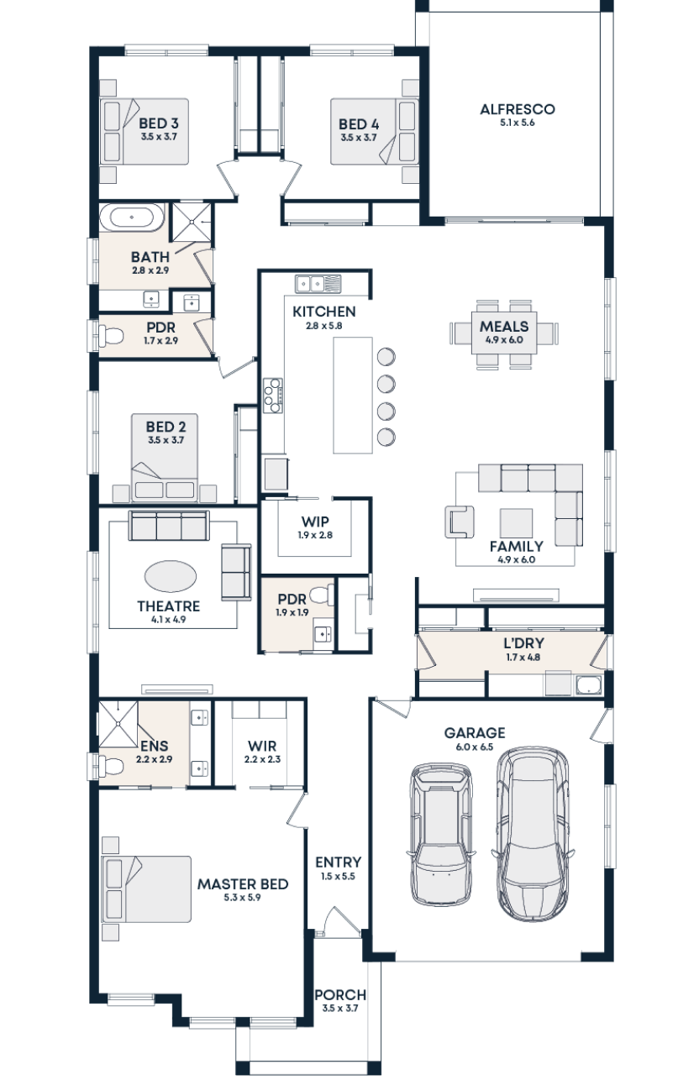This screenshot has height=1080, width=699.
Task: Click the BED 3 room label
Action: tap(158, 126)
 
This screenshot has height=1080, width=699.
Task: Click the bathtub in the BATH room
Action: tap(133, 218)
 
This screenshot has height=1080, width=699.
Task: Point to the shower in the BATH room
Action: tap(192, 222)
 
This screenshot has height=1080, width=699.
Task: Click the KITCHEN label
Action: tap(324, 312)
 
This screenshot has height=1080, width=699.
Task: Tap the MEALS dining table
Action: tap(504, 333)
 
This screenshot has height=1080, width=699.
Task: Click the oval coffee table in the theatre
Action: tap(171, 577)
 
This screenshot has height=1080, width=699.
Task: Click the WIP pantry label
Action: tap(315, 522)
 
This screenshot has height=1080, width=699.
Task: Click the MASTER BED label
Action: tap(243, 884)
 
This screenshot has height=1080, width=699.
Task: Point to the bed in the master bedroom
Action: tap(147, 889)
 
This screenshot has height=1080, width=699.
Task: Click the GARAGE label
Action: tap(475, 733)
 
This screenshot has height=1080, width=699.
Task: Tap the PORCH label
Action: tap(340, 995)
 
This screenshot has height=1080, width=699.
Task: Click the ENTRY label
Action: tap(338, 862)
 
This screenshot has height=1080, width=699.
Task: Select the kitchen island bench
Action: tap(353, 395)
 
